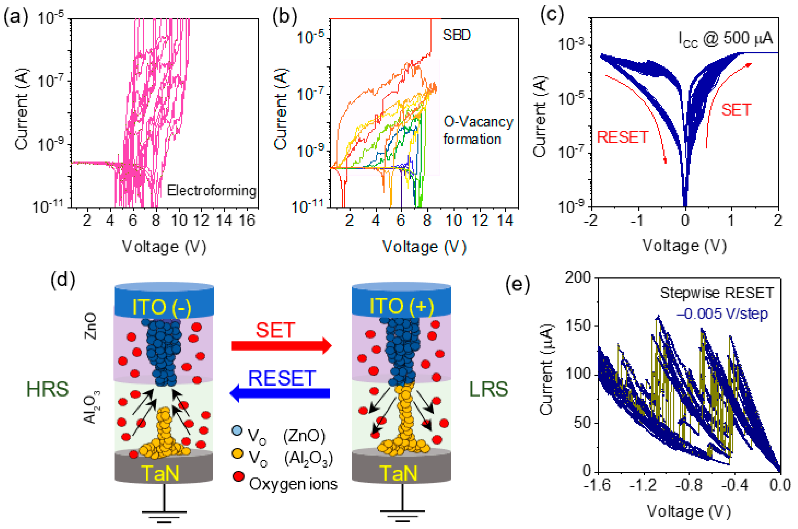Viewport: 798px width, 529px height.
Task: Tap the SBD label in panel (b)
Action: pyautogui.click(x=456, y=35)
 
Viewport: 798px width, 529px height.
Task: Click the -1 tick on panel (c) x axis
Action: pyautogui.click(x=638, y=221)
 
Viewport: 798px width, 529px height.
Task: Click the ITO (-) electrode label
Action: pyautogui.click(x=162, y=307)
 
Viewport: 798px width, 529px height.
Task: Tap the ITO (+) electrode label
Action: pyautogui.click(x=402, y=306)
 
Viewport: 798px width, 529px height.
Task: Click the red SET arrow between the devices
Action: pyautogui.click(x=281, y=345)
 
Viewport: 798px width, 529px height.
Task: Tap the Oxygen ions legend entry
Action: pyautogui.click(x=293, y=484)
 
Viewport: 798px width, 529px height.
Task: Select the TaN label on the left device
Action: pyautogui.click(x=161, y=473)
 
